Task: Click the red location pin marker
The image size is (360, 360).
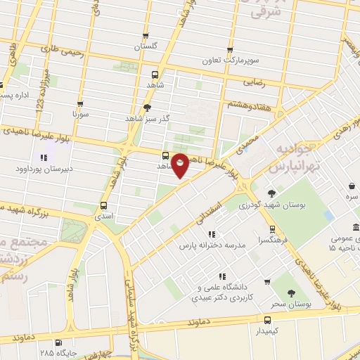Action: coord(181,165)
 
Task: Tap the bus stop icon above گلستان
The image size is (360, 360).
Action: coord(146,35)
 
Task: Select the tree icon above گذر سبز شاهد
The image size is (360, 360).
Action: coord(146,107)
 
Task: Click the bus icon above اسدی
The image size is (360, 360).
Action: coord(104,206)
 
